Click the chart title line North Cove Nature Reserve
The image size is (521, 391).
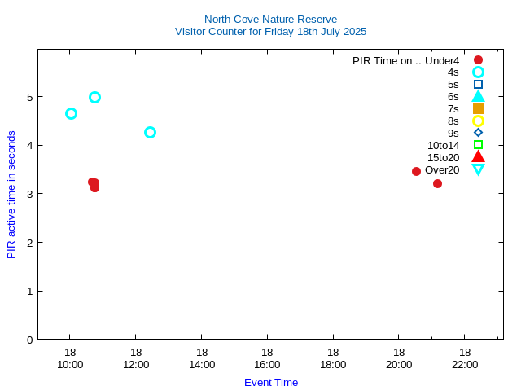[x=270, y=19]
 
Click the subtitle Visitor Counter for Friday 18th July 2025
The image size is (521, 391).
[x=270, y=32]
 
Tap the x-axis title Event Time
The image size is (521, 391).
[x=270, y=382]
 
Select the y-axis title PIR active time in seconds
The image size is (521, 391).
[x=11, y=195]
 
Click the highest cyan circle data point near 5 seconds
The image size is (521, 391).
[x=94, y=97]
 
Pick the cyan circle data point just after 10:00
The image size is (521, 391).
[x=71, y=113]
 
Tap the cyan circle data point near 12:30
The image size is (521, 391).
[x=150, y=132]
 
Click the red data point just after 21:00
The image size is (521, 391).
[x=437, y=183]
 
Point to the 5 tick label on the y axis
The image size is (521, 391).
[x=29, y=97]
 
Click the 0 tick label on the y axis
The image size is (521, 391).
[x=29, y=340]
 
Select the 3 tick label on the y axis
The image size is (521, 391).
[x=29, y=194]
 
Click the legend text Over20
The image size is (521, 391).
[x=442, y=170]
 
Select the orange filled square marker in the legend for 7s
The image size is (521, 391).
[x=478, y=108]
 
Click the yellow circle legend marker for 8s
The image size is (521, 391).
[x=478, y=121]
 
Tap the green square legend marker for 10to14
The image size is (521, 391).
[x=478, y=145]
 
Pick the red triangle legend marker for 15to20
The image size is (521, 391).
[x=478, y=157]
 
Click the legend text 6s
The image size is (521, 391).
[x=453, y=96]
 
